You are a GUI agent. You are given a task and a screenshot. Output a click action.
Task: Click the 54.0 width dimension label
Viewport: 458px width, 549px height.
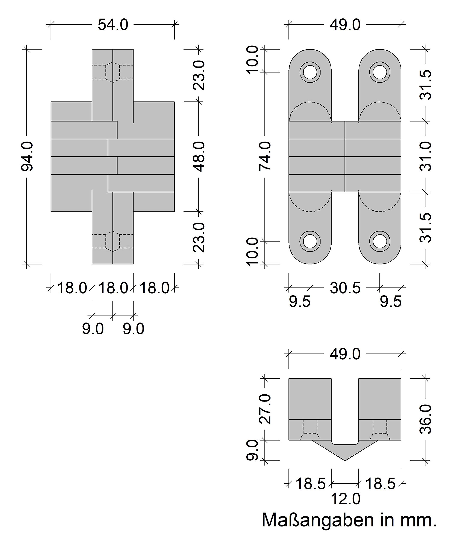click(113, 25)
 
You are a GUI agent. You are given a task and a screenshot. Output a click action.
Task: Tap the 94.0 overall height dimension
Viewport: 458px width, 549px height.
click(27, 156)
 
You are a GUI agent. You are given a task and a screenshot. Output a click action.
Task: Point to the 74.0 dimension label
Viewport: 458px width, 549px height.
click(265, 156)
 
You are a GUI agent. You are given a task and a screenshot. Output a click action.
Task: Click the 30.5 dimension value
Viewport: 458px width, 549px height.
click(345, 288)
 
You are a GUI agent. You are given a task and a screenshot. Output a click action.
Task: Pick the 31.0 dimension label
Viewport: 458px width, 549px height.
click(426, 156)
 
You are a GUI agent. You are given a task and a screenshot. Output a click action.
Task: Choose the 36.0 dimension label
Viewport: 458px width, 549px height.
click(426, 423)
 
